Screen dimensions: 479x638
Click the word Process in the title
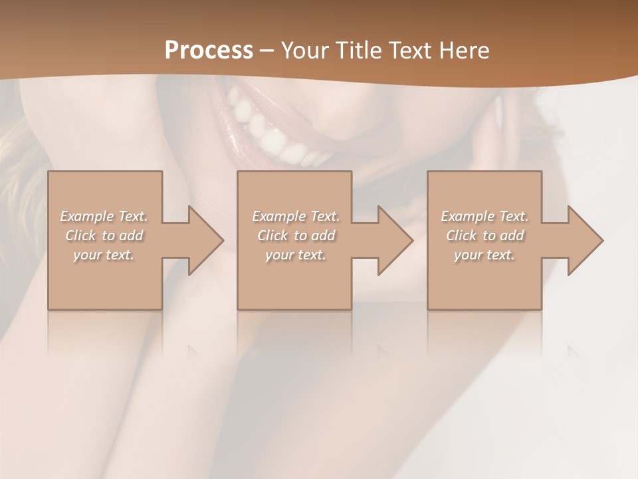(209, 51)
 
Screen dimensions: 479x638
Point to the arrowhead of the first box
(203, 240)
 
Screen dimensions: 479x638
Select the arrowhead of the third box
(584, 240)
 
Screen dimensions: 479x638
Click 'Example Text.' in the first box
(104, 216)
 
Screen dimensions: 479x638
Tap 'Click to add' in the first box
(104, 236)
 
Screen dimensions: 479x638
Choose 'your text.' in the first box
(104, 255)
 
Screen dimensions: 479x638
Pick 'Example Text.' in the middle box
(296, 216)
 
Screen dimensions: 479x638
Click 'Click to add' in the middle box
(296, 236)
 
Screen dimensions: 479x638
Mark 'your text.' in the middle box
(296, 255)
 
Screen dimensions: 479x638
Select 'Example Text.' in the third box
(484, 216)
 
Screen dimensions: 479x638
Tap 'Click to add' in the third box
(484, 236)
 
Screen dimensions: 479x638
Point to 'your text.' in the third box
(484, 255)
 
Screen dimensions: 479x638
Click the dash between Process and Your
(267, 51)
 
